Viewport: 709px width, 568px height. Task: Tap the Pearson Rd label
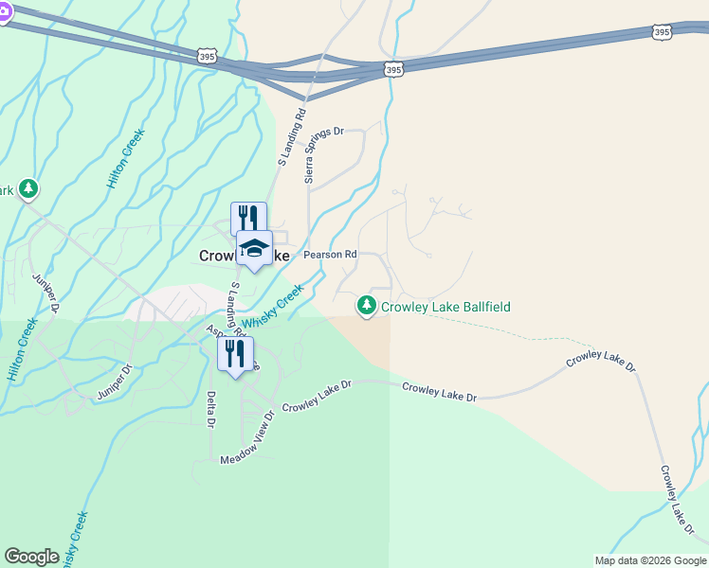tap(330, 255)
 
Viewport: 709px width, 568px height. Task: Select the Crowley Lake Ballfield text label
tap(445, 307)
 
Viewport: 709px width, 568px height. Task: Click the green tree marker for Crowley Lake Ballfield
tap(366, 306)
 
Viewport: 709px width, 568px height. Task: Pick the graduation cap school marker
tap(253, 248)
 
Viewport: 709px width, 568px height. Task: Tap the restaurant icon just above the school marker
tap(248, 218)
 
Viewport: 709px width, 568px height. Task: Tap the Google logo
tap(31, 557)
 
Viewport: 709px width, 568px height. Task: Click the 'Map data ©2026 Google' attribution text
tap(649, 560)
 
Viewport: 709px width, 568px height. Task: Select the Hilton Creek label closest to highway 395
tap(127, 157)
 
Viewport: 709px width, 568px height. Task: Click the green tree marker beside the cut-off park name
tap(29, 189)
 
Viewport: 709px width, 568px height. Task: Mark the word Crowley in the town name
tap(217, 256)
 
